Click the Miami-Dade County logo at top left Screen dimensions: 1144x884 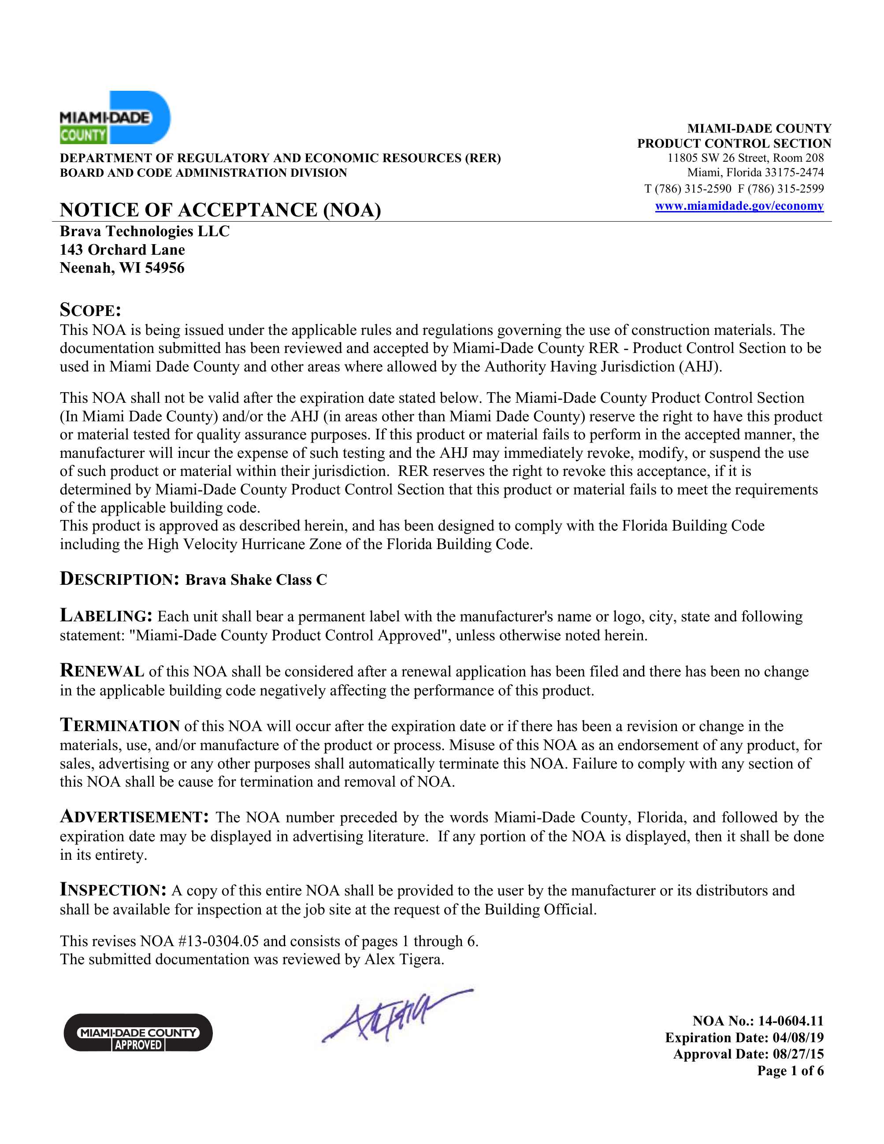point(115,118)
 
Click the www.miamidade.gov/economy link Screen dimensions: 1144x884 point(739,206)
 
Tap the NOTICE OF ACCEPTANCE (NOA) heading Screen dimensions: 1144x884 point(220,210)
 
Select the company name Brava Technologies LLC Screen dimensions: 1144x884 point(145,231)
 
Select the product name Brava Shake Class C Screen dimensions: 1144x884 point(256,580)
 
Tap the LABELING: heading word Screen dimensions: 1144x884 point(106,616)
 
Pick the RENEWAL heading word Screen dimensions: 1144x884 point(102,671)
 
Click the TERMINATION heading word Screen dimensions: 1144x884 point(120,726)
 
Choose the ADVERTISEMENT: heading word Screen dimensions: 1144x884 point(134,817)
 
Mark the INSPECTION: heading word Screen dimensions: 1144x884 point(113,890)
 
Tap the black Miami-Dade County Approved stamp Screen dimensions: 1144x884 point(138,1033)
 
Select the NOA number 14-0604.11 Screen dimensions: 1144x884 point(790,1021)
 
